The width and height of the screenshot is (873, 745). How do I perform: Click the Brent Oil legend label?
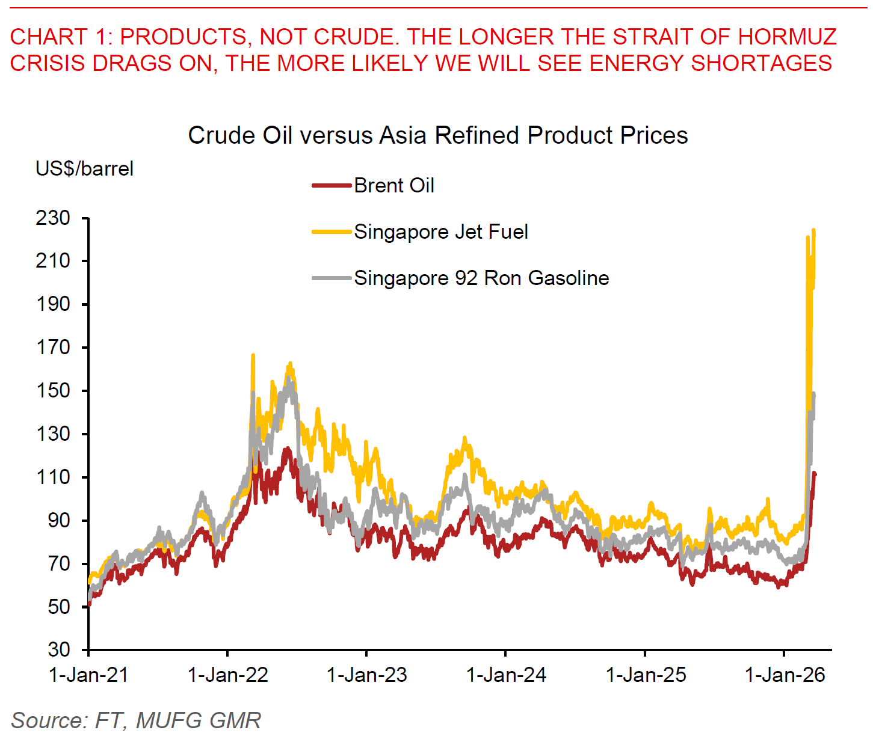[x=394, y=186]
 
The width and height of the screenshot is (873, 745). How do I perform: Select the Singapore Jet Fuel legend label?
[x=441, y=232]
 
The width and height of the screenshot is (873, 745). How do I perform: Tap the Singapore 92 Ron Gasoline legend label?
[x=481, y=278]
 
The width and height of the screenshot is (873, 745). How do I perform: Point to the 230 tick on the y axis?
[x=53, y=218]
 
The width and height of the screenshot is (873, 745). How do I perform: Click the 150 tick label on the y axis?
[x=53, y=391]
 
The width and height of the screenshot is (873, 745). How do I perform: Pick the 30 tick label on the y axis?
[x=58, y=650]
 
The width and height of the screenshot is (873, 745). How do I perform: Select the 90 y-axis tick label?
[x=58, y=521]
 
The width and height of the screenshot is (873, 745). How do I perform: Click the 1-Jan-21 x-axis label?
[x=88, y=675]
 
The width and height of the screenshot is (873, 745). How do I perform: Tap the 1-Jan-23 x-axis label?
[x=366, y=675]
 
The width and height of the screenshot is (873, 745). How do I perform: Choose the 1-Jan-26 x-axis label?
[x=785, y=675]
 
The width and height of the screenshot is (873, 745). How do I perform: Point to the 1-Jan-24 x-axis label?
[x=506, y=675]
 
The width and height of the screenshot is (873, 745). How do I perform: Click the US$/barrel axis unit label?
[x=84, y=169]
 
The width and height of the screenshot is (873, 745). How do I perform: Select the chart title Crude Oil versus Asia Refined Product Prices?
[x=437, y=136]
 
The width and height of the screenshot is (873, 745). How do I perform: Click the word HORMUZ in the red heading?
[x=787, y=37]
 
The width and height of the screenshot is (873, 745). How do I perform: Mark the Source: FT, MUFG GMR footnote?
[x=136, y=720]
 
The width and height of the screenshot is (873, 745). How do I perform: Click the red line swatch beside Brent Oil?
[x=331, y=186]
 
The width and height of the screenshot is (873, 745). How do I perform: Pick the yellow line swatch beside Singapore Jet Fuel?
[x=331, y=232]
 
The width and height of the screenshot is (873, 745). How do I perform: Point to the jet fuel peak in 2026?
[x=813, y=230]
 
